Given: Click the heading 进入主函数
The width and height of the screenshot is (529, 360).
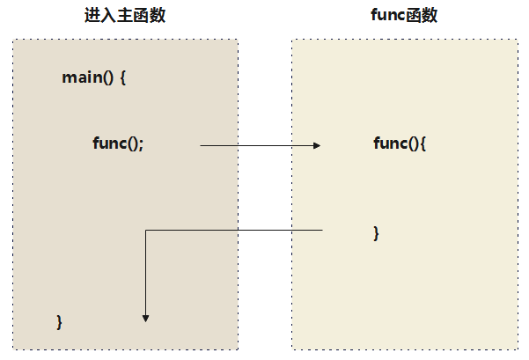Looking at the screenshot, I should tap(124, 16).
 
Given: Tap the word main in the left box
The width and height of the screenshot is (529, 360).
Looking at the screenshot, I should tap(81, 77).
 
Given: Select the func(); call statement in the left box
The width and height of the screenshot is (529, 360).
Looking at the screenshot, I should tap(118, 143).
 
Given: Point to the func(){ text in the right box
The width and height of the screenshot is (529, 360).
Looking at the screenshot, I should tap(400, 143).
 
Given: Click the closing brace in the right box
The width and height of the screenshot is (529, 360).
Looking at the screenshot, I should tap(377, 232).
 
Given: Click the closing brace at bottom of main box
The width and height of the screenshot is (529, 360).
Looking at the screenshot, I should tap(60, 321).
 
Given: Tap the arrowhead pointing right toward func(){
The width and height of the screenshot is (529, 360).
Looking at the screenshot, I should tap(317, 145).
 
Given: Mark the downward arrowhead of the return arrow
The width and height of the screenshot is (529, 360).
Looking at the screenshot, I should tap(146, 319).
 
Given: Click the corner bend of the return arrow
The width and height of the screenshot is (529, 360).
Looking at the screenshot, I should tap(146, 231).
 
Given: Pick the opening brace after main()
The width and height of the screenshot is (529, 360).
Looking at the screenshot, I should tap(123, 77).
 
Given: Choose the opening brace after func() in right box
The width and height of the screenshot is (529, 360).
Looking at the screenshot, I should tap(422, 143).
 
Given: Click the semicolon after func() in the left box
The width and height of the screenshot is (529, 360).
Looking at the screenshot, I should tap(141, 144).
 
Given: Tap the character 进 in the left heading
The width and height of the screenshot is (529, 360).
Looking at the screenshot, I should tap(92, 16).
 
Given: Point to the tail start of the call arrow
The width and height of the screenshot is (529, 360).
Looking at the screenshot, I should tap(202, 145).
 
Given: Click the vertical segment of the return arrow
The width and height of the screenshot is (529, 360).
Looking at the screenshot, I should tap(146, 273).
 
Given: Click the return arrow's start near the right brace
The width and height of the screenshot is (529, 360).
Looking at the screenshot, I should tap(322, 231).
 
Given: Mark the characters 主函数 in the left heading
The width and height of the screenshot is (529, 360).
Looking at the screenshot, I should tap(141, 16).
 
